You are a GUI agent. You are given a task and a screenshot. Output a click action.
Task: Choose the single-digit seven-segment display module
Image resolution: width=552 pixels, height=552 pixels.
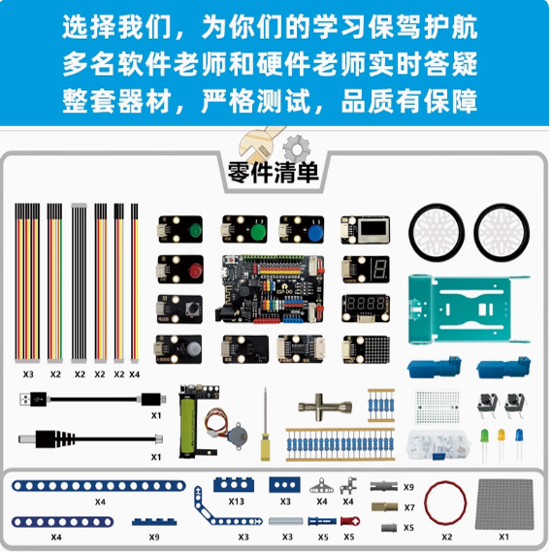point(367,270)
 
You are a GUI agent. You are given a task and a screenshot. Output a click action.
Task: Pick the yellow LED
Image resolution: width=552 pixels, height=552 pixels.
point(502,437)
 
